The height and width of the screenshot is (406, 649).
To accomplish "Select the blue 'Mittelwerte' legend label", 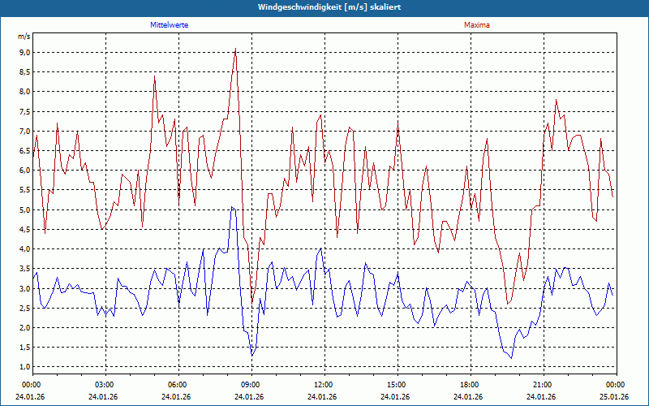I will (x=170, y=25).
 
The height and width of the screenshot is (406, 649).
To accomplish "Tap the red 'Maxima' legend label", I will (x=477, y=25).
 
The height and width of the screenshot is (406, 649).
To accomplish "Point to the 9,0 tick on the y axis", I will (x=24, y=52).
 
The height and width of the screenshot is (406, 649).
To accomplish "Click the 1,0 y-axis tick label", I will (x=24, y=367).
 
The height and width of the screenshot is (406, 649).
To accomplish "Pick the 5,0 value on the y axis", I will (x=24, y=209).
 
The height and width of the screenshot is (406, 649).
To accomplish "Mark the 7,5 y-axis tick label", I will (x=24, y=111).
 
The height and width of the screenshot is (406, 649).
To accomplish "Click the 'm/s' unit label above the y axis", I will (x=24, y=37).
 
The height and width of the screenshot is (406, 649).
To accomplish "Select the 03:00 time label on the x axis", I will (x=105, y=385).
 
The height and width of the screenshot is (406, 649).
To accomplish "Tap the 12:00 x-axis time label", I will (x=324, y=385).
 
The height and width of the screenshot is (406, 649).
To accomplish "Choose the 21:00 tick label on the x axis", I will (x=543, y=385).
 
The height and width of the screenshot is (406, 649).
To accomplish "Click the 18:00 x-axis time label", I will (x=470, y=385).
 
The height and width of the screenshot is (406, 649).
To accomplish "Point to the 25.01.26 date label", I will (x=615, y=397).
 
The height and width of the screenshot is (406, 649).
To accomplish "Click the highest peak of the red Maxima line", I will (x=235, y=48).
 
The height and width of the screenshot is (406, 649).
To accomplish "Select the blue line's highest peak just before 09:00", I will (x=232, y=207).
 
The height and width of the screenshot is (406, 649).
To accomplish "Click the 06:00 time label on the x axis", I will (x=178, y=385).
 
